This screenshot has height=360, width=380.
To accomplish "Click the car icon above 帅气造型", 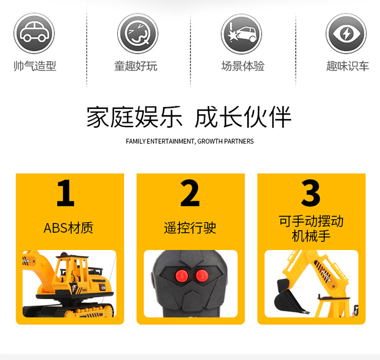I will coord(34,33).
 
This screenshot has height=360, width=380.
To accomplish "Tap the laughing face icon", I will coord(138,33).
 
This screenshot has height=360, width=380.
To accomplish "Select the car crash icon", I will coord(241,33).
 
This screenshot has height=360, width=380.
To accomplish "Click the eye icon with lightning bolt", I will coord(346,33).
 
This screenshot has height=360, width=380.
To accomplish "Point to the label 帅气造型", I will coord(34,66).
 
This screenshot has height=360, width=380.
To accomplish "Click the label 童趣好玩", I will coord(136,66).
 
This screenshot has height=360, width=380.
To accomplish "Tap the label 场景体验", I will coord(243,66).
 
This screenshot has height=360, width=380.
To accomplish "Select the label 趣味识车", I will coord(348,66).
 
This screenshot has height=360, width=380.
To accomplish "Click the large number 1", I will coord(65,193).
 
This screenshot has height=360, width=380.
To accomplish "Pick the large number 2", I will coord(190,193).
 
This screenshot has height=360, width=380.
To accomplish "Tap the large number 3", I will coord(311,193).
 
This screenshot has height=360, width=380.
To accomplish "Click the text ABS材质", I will coord(68,228).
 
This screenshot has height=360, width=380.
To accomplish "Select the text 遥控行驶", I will coord(190,228).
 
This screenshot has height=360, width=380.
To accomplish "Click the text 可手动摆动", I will coord(311,222).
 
